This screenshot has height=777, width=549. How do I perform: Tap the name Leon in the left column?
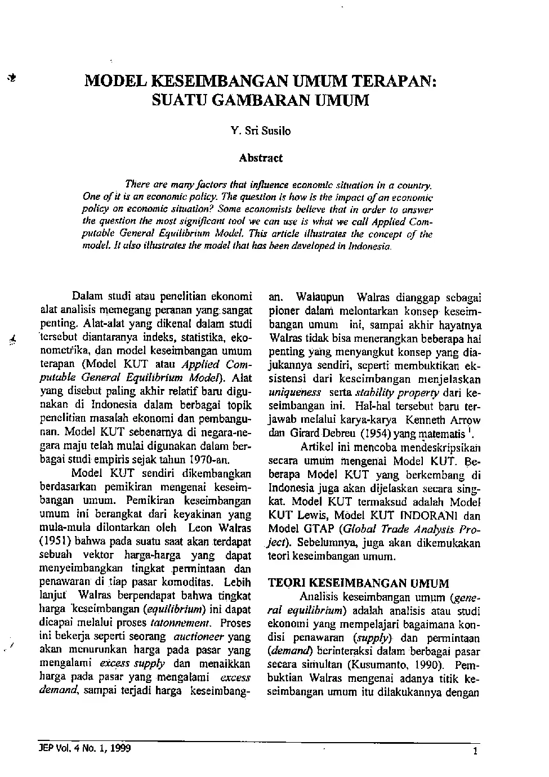(x=200, y=528)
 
